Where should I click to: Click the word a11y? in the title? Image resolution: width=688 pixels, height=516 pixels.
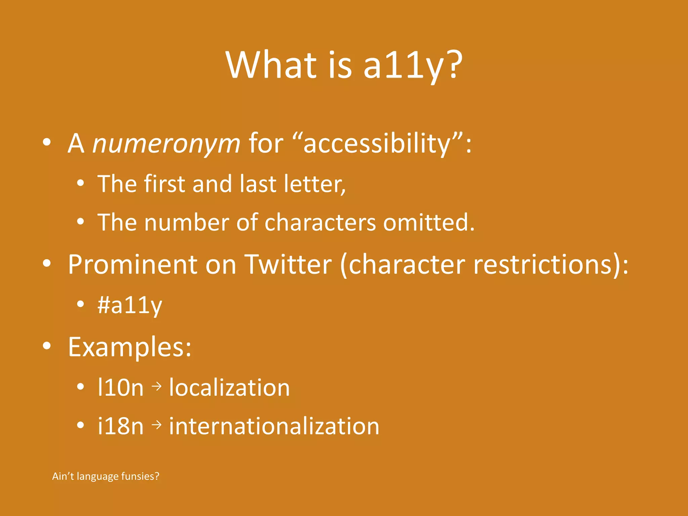coord(413,66)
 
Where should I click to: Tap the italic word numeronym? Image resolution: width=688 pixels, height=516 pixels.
coord(166,144)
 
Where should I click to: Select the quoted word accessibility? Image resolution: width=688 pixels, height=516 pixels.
coord(378,144)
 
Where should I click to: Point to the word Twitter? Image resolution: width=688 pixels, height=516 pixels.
coord(288,265)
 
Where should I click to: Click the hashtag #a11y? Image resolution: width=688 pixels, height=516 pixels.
coord(130,306)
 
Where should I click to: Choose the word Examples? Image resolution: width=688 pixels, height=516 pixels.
coord(130,347)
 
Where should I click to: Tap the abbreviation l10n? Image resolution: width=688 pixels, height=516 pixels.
coord(120,388)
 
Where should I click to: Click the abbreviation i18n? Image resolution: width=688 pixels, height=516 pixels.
coord(120,426)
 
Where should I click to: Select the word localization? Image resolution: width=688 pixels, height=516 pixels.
coord(229,388)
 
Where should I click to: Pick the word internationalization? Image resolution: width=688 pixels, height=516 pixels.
coord(274,426)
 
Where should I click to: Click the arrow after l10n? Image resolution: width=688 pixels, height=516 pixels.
coord(157,387)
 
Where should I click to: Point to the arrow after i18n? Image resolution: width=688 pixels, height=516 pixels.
coord(157,425)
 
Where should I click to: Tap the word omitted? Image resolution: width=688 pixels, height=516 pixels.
coord(429,222)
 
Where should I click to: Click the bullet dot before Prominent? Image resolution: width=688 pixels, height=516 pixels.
coord(47,264)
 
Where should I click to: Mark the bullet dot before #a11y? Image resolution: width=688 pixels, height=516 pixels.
coord(80,304)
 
